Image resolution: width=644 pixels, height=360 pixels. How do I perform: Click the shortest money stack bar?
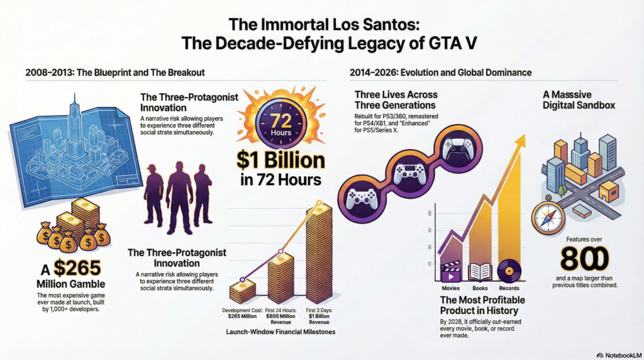pos(242,291)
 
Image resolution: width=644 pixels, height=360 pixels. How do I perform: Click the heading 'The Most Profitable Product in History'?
pos(483,305)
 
